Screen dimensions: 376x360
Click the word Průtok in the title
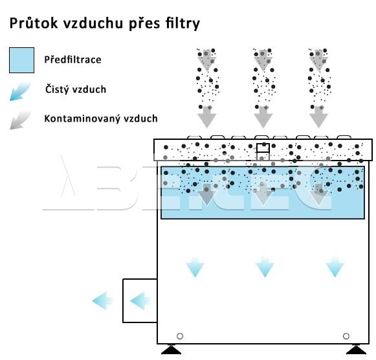[x=34, y=23]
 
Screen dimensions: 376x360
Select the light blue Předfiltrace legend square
[x=21, y=60]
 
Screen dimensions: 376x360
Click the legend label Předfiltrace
[x=73, y=60]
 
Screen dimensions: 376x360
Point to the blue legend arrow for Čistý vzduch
[x=20, y=91]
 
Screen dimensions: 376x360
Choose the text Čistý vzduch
[x=76, y=89]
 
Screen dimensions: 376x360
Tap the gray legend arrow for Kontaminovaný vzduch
[x=20, y=120]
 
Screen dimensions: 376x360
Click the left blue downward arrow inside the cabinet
[x=195, y=267]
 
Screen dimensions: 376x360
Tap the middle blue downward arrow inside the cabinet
[x=265, y=267]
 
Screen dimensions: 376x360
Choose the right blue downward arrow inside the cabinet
[x=335, y=267]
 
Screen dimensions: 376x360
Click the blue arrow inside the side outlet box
[x=140, y=301]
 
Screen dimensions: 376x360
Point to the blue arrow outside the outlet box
[x=103, y=301]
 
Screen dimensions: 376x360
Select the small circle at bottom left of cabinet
[x=180, y=336]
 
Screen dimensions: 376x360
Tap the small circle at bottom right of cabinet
[x=346, y=336]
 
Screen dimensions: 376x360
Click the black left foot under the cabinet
[x=171, y=350]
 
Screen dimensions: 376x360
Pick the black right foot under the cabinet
[x=357, y=350]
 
